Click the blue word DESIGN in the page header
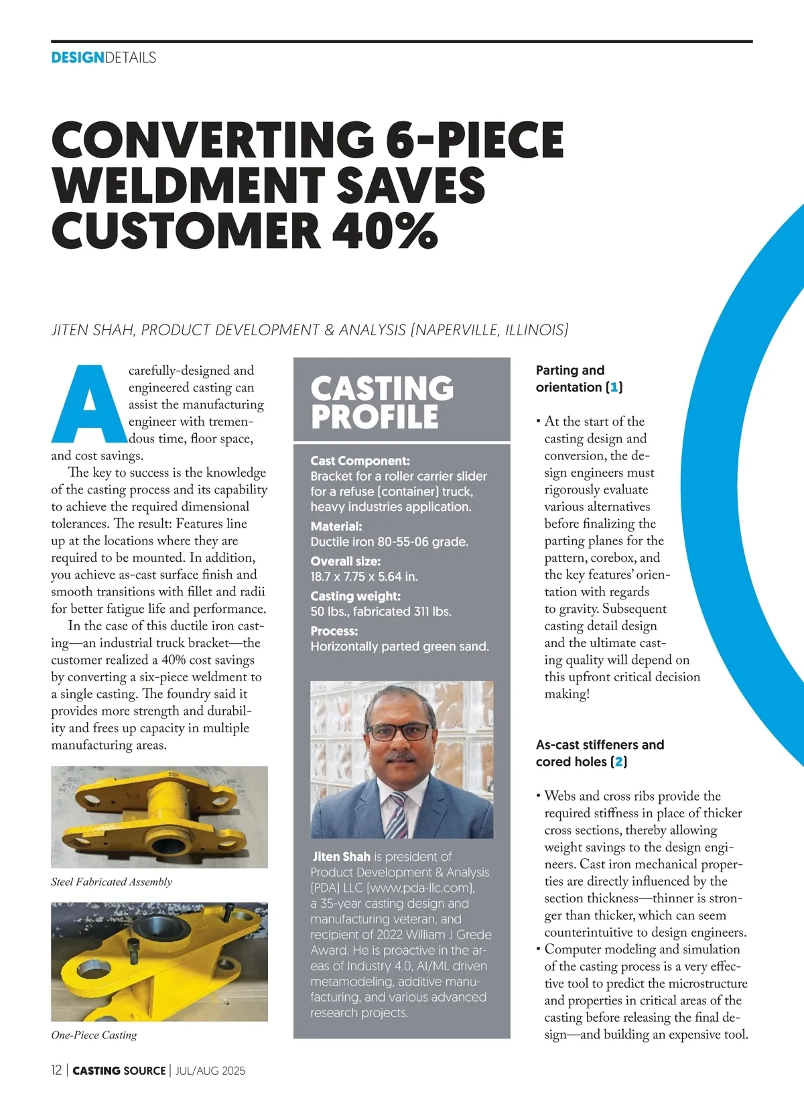[x=78, y=58]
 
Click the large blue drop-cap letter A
[x=88, y=404]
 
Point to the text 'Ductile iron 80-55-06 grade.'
[x=389, y=542]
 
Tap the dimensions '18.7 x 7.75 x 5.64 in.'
[x=364, y=577]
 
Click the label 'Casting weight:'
[x=355, y=596]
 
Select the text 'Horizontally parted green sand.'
[x=399, y=646]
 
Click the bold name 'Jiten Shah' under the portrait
[x=342, y=856]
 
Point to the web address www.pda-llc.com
[x=419, y=888]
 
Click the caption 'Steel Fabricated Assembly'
[x=111, y=882]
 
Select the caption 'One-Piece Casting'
[x=94, y=1035]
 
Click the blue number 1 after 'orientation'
[x=614, y=388]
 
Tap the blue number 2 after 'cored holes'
[x=618, y=762]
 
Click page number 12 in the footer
[x=56, y=1070]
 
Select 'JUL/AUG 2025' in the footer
[x=210, y=1071]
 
